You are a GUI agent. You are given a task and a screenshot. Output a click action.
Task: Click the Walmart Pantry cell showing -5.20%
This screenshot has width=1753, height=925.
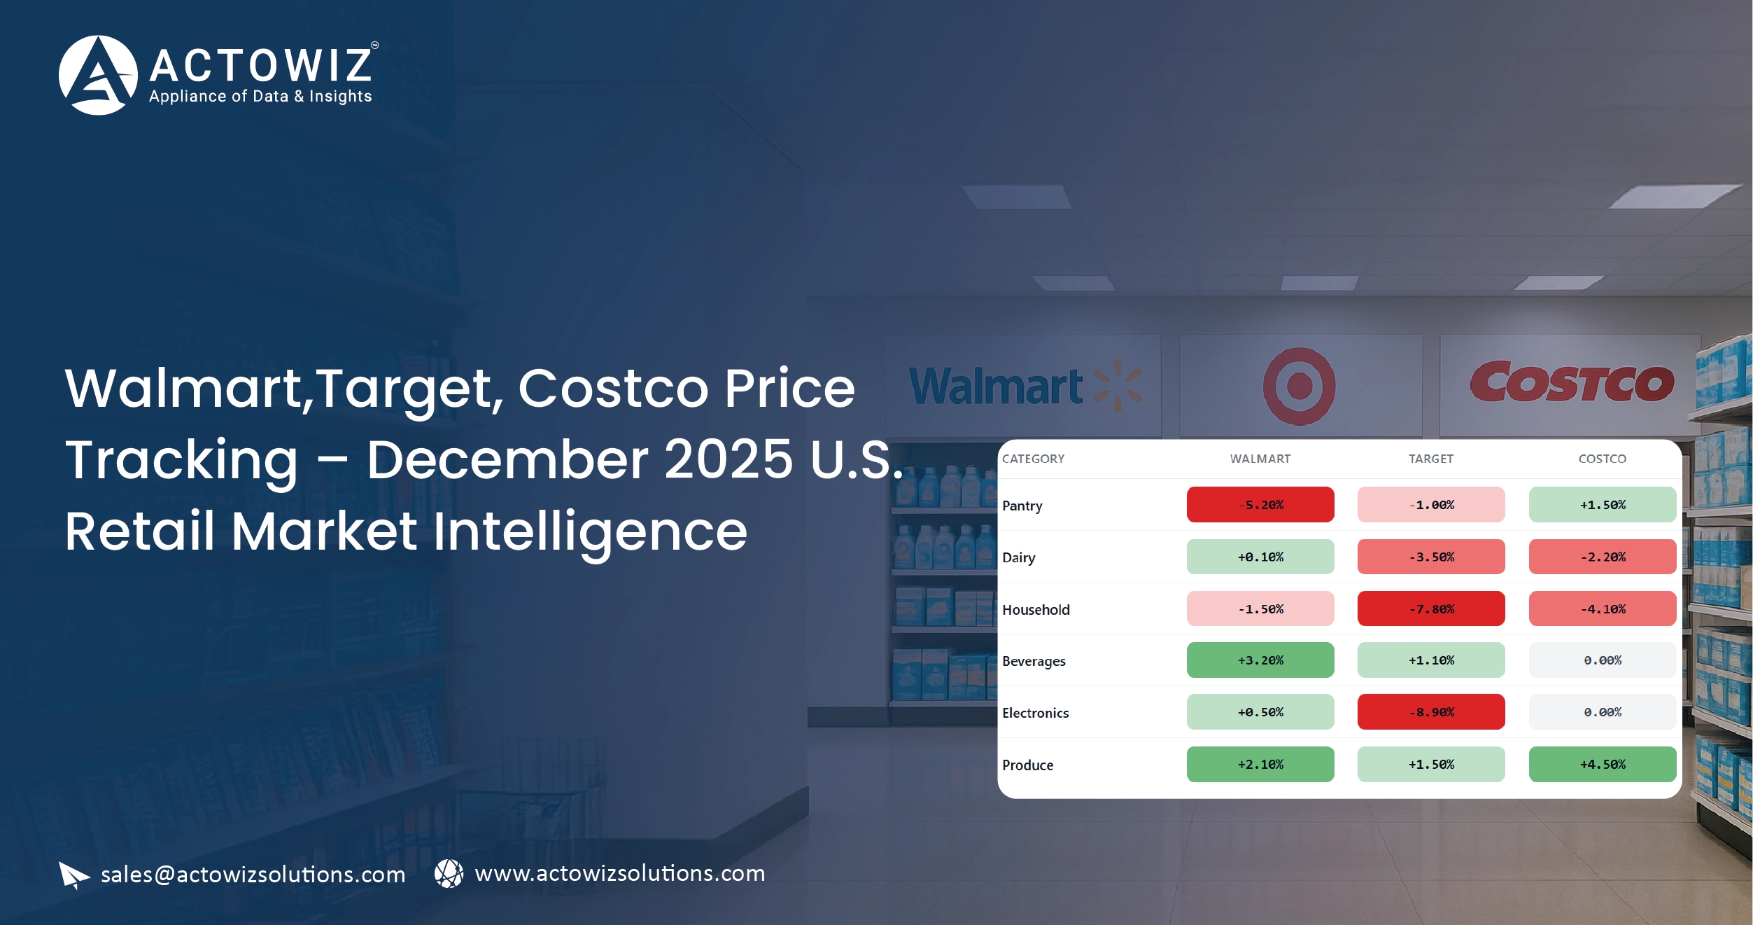1260,504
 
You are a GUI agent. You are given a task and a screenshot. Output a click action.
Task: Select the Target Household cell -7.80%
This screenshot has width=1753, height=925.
1430,608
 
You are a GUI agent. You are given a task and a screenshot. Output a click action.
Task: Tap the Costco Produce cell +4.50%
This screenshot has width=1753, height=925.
1602,764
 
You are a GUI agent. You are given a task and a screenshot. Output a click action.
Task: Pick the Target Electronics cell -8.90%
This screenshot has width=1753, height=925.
1430,711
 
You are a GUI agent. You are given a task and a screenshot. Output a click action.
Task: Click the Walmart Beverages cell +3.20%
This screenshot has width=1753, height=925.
1260,660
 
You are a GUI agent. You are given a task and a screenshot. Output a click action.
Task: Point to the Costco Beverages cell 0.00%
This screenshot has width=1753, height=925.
1602,660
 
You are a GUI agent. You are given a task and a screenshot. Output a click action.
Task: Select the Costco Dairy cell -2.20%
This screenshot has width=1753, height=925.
1602,557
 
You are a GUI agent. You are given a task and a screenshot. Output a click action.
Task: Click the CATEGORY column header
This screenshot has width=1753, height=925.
1033,459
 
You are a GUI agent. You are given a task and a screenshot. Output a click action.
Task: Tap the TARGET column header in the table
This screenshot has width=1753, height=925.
1430,459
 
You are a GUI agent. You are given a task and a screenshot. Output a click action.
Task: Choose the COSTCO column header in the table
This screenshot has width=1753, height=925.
1602,459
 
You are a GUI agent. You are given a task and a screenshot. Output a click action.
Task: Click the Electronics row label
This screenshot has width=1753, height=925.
1035,713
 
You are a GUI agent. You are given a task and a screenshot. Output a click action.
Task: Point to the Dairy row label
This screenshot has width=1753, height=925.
1018,557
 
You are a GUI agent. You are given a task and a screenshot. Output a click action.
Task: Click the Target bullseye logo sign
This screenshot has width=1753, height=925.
1299,386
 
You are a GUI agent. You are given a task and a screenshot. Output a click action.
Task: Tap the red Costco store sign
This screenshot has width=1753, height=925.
1571,383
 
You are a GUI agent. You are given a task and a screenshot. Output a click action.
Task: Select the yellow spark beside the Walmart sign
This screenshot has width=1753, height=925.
1118,385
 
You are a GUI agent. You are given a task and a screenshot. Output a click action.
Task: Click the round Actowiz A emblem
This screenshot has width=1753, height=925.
98,75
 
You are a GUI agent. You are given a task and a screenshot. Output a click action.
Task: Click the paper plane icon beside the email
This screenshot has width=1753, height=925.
73,875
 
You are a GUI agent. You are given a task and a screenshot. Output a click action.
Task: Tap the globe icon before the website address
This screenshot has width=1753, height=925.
449,873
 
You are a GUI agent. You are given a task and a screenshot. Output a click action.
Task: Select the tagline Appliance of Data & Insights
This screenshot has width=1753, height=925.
260,97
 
